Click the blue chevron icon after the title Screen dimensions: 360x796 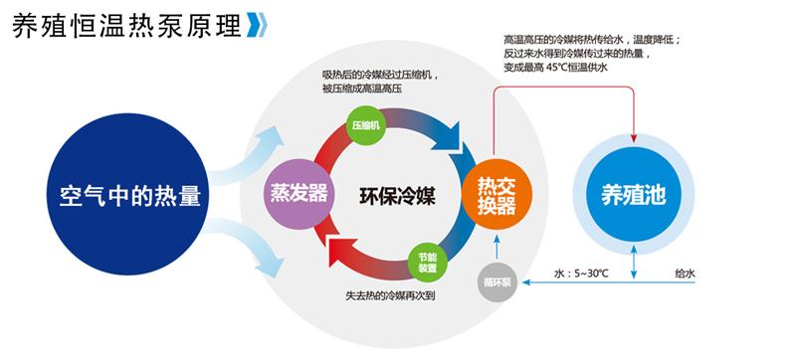[257, 26]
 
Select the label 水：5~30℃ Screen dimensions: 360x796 [594, 271]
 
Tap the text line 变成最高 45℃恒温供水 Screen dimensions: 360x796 [555, 69]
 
